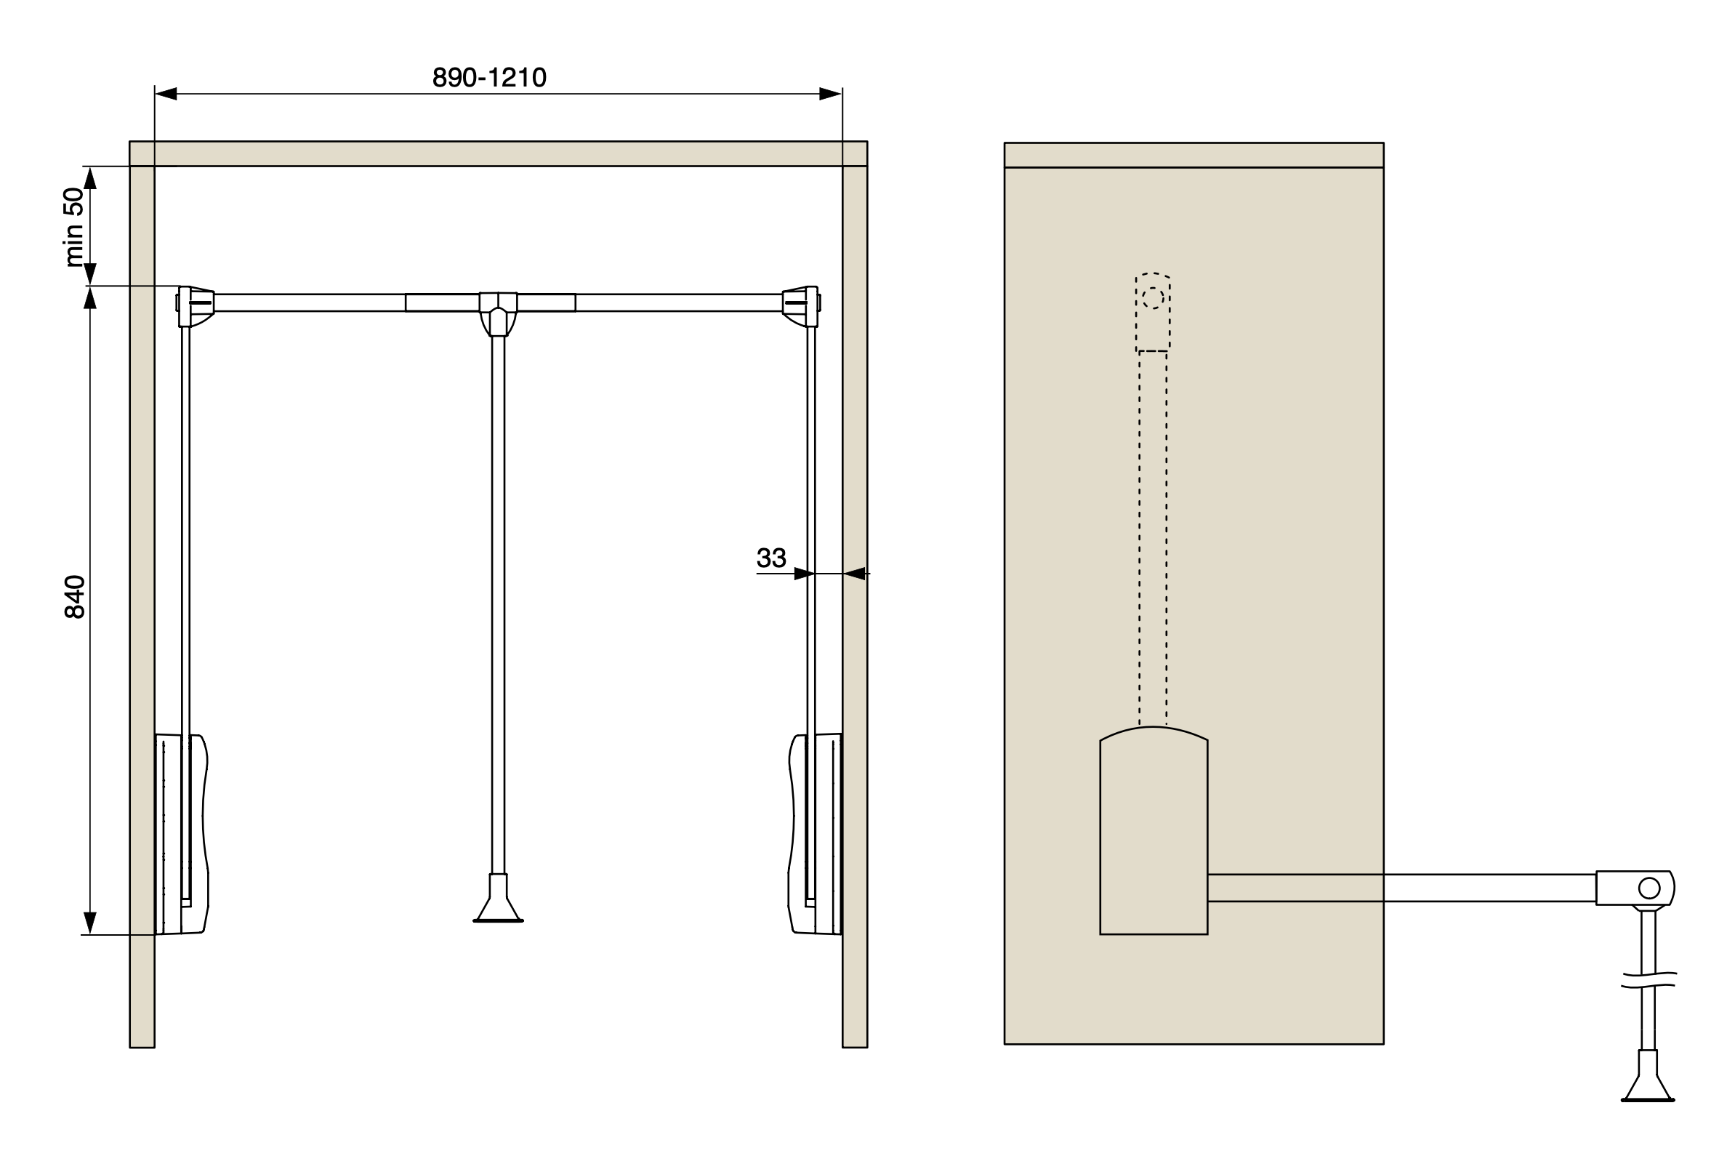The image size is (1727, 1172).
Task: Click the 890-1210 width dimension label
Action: click(x=489, y=77)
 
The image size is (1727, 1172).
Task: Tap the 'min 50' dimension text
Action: click(x=74, y=228)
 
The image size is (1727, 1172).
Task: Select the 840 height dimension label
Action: click(x=74, y=597)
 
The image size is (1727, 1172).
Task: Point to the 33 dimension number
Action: click(x=770, y=558)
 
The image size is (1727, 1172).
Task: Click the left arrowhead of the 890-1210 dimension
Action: click(x=166, y=94)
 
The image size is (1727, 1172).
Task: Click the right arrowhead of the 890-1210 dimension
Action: click(x=831, y=94)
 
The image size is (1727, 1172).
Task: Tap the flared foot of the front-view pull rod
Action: click(x=498, y=899)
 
